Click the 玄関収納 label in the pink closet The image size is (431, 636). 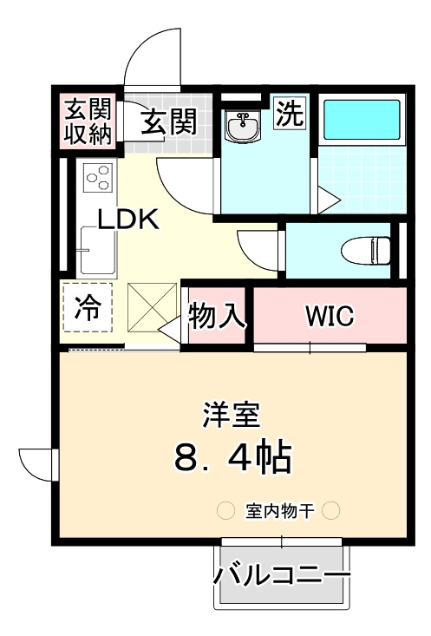click(x=88, y=122)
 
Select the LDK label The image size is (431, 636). click(x=127, y=219)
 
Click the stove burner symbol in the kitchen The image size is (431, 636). click(x=97, y=178)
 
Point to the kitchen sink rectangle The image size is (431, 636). click(x=89, y=249)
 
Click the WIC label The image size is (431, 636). click(x=328, y=317)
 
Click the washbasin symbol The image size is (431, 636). click(x=243, y=128)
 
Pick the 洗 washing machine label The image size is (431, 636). click(x=289, y=115)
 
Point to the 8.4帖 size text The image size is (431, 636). click(x=232, y=456)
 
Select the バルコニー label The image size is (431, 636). click(x=283, y=574)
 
